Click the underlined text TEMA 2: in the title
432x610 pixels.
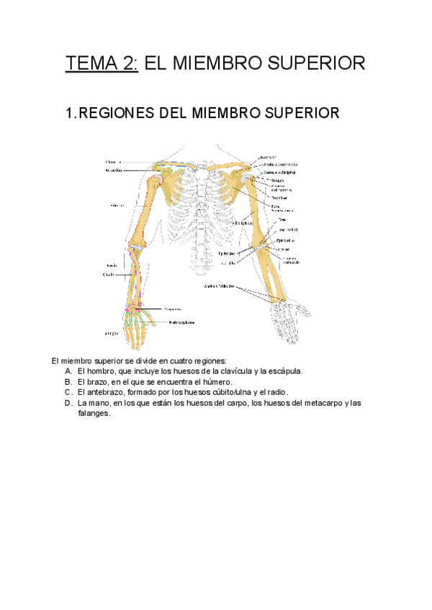coord(102,63)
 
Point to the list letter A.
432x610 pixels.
coord(68,371)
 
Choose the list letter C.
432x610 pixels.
coord(68,392)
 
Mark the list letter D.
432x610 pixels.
coord(68,403)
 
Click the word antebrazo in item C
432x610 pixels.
coord(106,392)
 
